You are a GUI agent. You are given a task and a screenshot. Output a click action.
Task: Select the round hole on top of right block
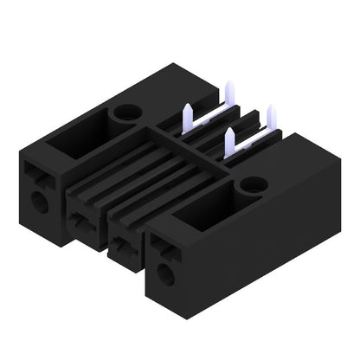tap(253, 184)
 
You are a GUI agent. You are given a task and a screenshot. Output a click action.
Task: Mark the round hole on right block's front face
tap(163, 275)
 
